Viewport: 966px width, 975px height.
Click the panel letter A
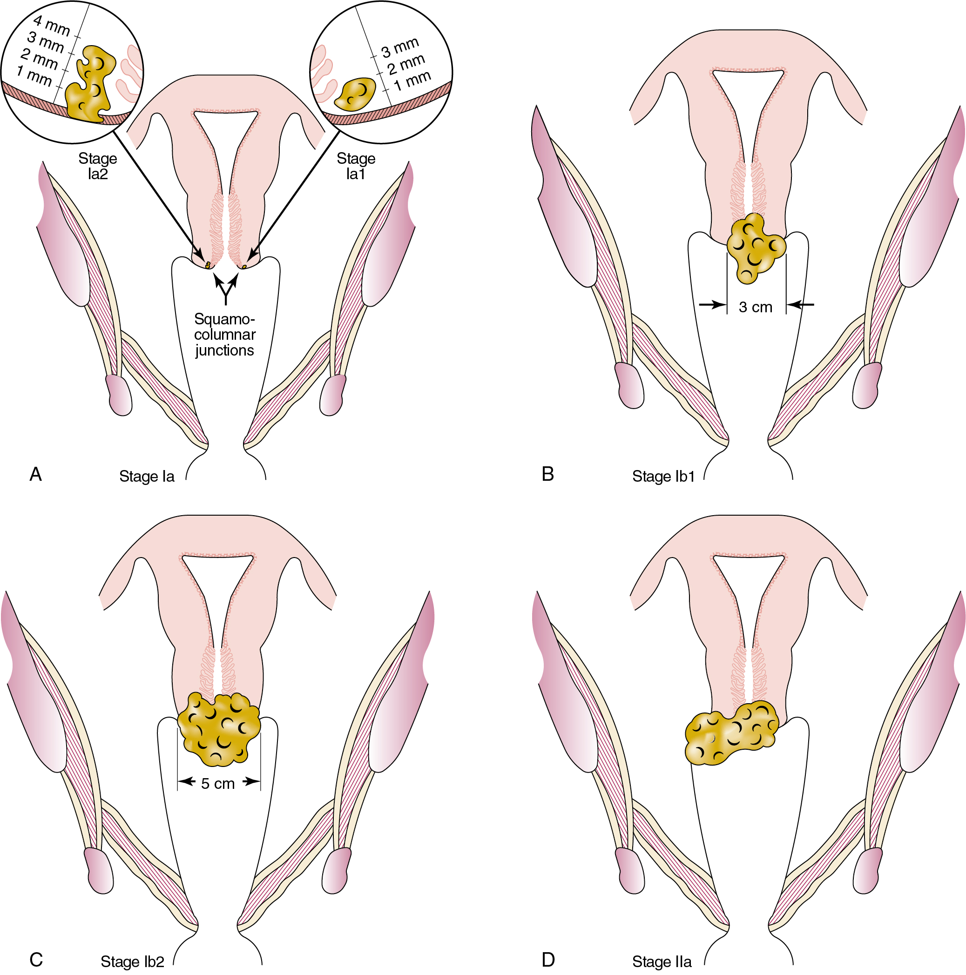pyautogui.click(x=35, y=474)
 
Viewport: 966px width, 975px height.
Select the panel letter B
pyautogui.click(x=547, y=474)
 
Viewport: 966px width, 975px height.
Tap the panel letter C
pyautogui.click(x=36, y=959)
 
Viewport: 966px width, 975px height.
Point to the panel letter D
pyautogui.click(x=548, y=959)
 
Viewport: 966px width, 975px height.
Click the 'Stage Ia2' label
pyautogui.click(x=97, y=166)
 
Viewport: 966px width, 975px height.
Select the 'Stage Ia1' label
pyautogui.click(x=356, y=166)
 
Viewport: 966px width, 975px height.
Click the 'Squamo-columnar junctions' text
pyautogui.click(x=224, y=335)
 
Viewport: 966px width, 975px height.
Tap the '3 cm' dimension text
pyautogui.click(x=755, y=307)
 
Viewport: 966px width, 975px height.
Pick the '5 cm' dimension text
pyautogui.click(x=217, y=784)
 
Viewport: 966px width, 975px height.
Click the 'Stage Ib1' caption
pyautogui.click(x=663, y=477)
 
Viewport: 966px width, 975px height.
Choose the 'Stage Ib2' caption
pyautogui.click(x=132, y=962)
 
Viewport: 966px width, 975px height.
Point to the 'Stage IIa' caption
pyautogui.click(x=662, y=962)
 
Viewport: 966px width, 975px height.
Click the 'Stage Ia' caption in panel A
pyautogui.click(x=146, y=477)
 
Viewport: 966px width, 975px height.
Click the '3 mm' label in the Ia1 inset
pyautogui.click(x=400, y=47)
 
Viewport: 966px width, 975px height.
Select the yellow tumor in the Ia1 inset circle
pyautogui.click(x=356, y=94)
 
